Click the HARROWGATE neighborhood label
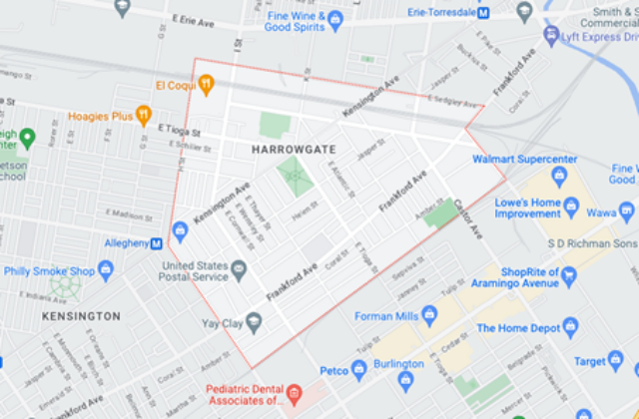tap(294, 149)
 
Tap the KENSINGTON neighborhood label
tap(81, 316)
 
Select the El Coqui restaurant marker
tap(206, 85)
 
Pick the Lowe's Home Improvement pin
tap(571, 207)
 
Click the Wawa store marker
tap(627, 210)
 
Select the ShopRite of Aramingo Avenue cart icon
tap(569, 274)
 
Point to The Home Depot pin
tap(570, 328)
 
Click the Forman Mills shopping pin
tap(429, 315)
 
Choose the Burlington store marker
tap(405, 379)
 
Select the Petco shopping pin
tap(359, 369)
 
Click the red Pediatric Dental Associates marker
tap(294, 395)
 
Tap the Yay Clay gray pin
tap(254, 321)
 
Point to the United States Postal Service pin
tap(239, 269)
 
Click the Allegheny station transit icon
tap(157, 243)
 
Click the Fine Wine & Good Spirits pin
tap(335, 19)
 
